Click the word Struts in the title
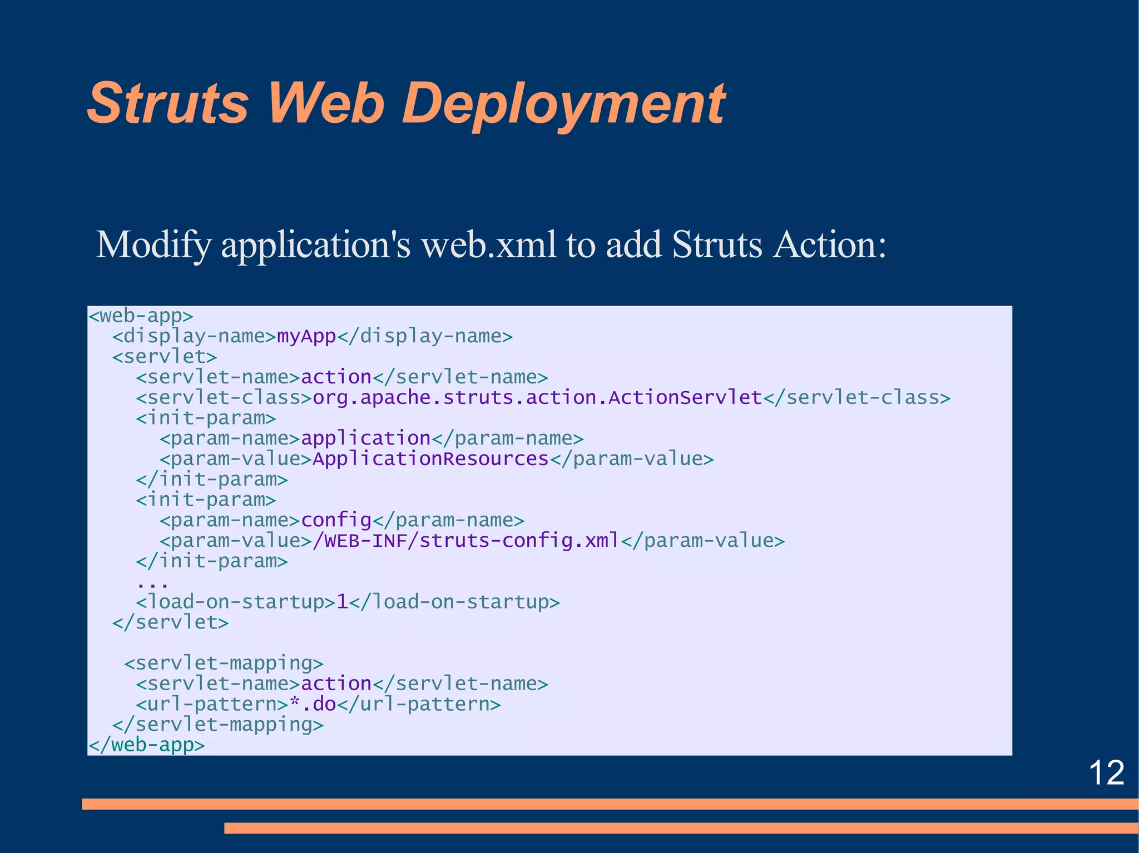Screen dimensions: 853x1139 (x=167, y=103)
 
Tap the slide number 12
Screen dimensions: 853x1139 (x=1106, y=773)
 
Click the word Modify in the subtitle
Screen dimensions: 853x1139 (x=153, y=245)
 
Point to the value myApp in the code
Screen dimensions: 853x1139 (x=306, y=336)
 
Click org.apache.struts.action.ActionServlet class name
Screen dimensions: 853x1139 (x=537, y=398)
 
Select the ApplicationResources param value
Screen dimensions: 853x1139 (x=430, y=459)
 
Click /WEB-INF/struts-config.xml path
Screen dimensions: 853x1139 (x=466, y=541)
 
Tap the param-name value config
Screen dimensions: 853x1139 (x=336, y=520)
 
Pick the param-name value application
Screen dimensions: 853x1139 (x=365, y=438)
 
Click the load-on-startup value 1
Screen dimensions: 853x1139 (x=343, y=602)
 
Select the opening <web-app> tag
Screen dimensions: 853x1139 (x=141, y=316)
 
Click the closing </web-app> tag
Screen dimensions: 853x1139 (x=147, y=745)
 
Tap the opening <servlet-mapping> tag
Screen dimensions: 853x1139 (x=224, y=664)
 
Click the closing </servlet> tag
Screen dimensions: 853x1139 (x=170, y=622)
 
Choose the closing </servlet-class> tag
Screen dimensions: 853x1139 (x=856, y=398)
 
